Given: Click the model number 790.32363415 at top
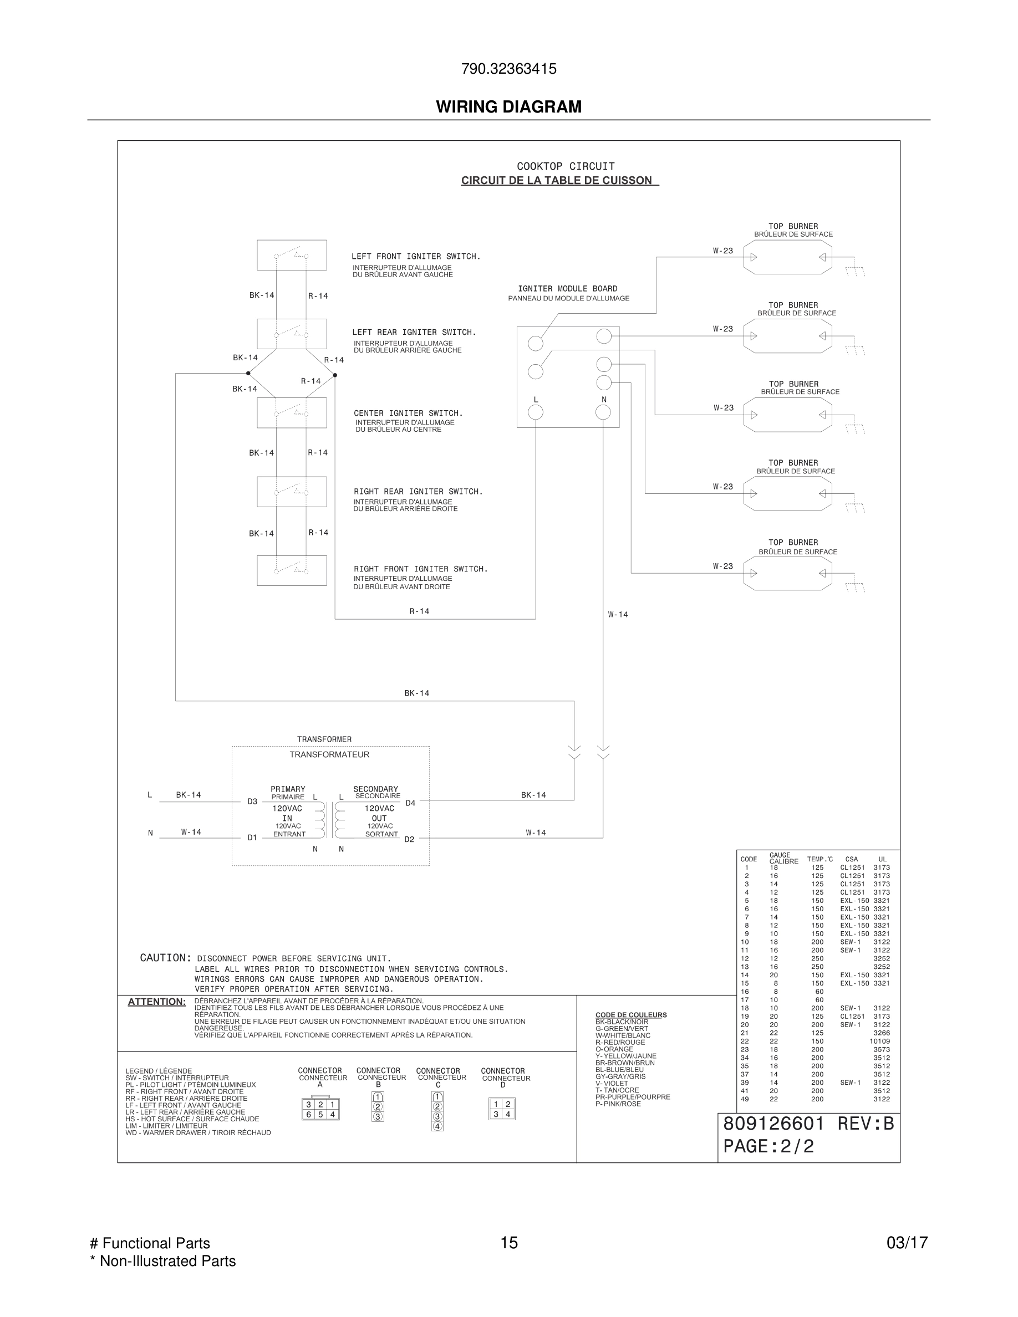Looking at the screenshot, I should pyautogui.click(x=508, y=69).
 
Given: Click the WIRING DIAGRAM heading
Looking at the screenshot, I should pyautogui.click(x=508, y=107).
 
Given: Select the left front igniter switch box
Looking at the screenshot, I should pyautogui.click(x=292, y=255).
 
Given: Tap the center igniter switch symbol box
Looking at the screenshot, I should pyautogui.click(x=292, y=412).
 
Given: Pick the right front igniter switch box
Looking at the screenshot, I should pyautogui.click(x=292, y=570).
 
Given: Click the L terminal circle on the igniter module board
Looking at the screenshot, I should pyautogui.click(x=536, y=412).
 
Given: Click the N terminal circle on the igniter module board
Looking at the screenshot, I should pyautogui.click(x=603, y=412).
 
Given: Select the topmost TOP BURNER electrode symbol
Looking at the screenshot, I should pyautogui.click(x=788, y=258).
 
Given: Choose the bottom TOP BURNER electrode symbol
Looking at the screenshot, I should pyautogui.click(x=788, y=573).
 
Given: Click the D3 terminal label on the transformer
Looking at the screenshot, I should pyautogui.click(x=253, y=802).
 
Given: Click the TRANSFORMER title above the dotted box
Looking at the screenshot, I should pyautogui.click(x=324, y=739).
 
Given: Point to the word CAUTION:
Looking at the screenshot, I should pyautogui.click(x=166, y=958).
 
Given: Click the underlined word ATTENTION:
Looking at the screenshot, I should pyautogui.click(x=157, y=1002).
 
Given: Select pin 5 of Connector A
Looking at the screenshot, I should pyautogui.click(x=321, y=1114).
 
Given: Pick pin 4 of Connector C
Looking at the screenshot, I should pyautogui.click(x=438, y=1126).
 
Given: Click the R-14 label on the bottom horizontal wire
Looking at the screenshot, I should pyautogui.click(x=420, y=611).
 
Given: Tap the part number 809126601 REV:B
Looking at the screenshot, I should pyautogui.click(x=808, y=1124).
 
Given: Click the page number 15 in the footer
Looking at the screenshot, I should pyautogui.click(x=509, y=1243).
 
